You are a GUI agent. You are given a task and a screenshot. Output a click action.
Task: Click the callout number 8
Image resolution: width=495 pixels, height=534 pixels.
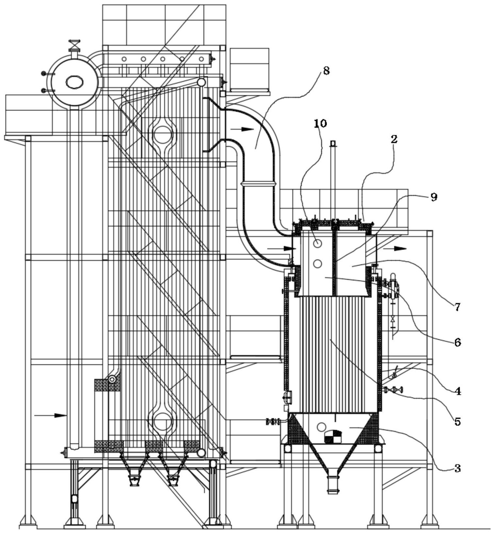[x=326, y=71]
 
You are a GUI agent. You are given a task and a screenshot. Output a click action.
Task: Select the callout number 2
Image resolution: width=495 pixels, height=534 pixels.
[x=394, y=139]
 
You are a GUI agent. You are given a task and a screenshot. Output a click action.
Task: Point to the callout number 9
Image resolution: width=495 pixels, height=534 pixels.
[x=434, y=197]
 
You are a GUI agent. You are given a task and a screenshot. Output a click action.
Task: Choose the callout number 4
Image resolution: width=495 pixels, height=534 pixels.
[x=458, y=391]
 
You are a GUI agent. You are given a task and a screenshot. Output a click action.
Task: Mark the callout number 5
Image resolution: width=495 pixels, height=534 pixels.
[x=457, y=422]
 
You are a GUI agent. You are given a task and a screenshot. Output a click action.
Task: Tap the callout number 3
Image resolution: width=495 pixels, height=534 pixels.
[x=457, y=468]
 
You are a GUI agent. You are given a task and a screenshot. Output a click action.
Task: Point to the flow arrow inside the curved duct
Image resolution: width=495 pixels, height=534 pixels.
[x=242, y=129]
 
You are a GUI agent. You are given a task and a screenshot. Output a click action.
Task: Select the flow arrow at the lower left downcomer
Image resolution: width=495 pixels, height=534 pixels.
[x=50, y=415]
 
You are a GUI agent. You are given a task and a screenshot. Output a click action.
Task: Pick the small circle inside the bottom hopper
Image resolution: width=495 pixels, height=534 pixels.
[x=321, y=427]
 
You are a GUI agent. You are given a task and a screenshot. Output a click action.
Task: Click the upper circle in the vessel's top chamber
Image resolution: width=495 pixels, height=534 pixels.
[x=317, y=243]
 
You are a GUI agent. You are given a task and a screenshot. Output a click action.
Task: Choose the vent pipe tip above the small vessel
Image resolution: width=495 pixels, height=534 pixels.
[x=333, y=143]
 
